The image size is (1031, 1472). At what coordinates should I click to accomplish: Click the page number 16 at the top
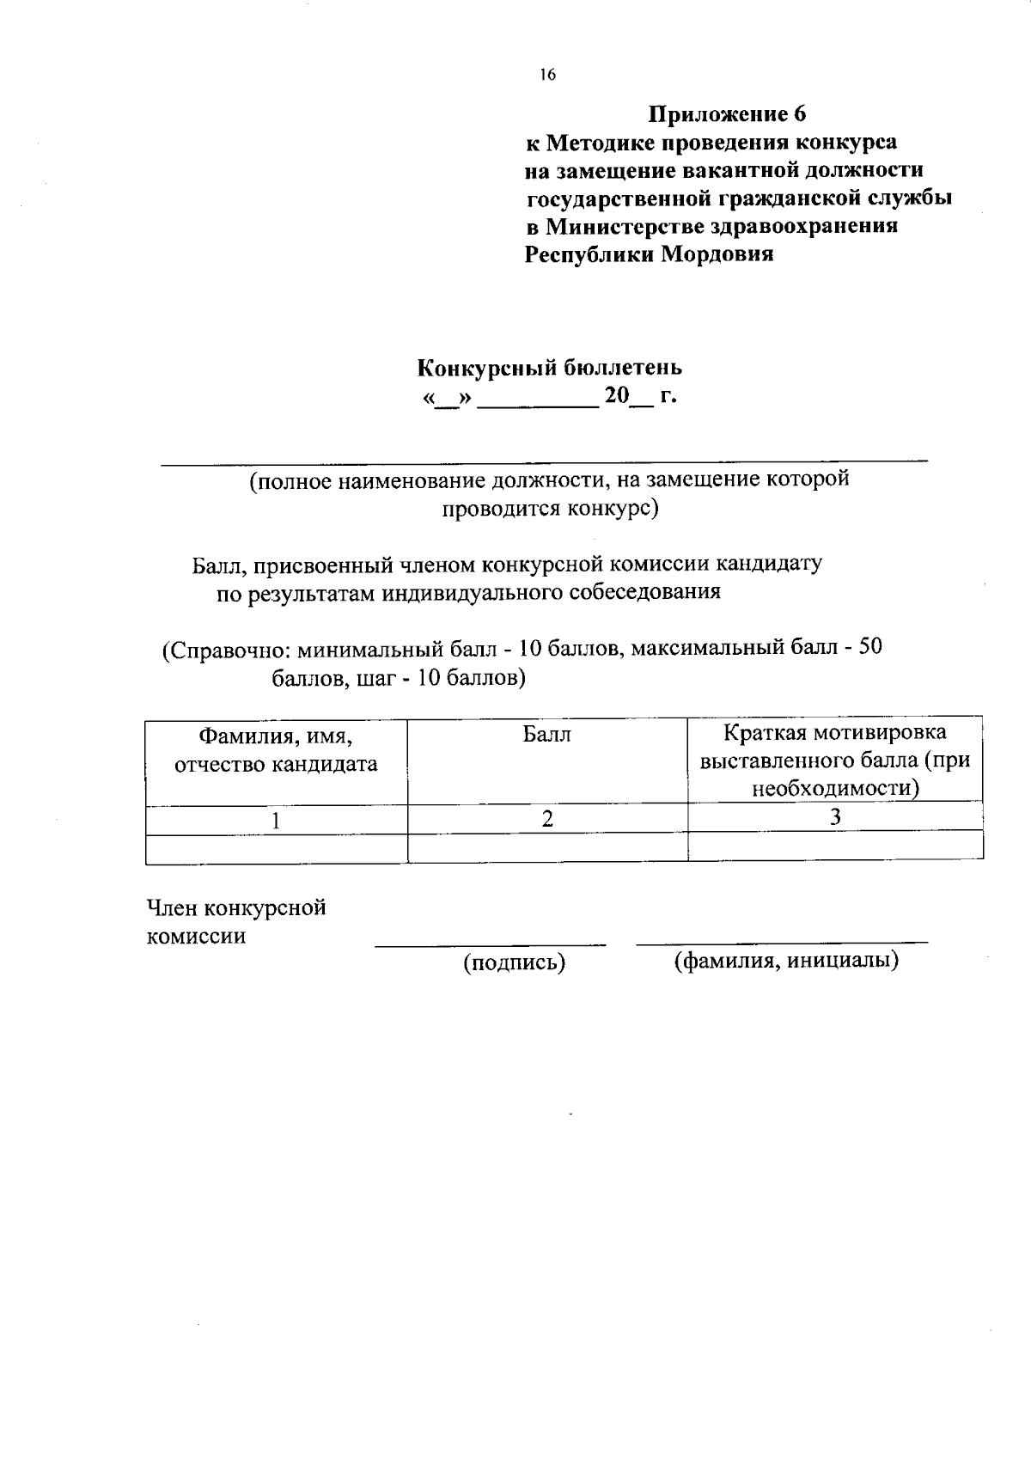(x=548, y=75)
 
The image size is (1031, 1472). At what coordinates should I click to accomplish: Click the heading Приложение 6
(x=727, y=114)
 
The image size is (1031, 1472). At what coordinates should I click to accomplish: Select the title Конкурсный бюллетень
(x=550, y=368)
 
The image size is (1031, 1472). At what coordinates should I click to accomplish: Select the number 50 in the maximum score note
(x=870, y=647)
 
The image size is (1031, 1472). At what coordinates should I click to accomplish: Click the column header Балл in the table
(x=547, y=736)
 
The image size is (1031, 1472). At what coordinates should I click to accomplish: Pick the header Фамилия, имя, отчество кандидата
(x=276, y=749)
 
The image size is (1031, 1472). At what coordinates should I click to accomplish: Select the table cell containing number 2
(x=547, y=819)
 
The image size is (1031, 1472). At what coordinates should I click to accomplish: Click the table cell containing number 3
(x=835, y=817)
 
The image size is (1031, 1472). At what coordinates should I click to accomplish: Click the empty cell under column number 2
(x=547, y=847)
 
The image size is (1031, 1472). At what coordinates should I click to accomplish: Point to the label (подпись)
(x=514, y=963)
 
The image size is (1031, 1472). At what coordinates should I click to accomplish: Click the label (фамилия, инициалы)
(x=785, y=961)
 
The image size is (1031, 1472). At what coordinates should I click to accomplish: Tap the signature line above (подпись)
(x=490, y=945)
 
